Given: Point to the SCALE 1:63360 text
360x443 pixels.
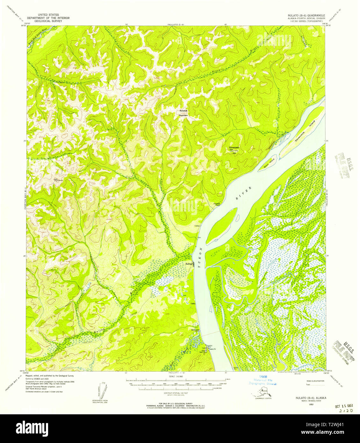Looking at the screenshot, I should pyautogui.click(x=176, y=376).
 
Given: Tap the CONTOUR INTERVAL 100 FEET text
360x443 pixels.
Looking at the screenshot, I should pyautogui.click(x=176, y=394).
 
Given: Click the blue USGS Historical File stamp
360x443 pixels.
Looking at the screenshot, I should pyautogui.click(x=263, y=380).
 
